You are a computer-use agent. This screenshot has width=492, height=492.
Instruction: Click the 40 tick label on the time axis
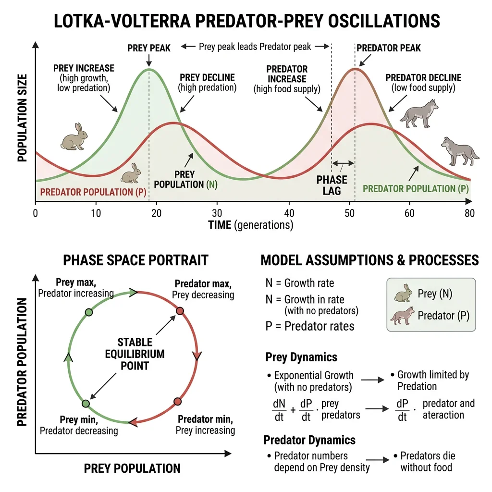point(289,213)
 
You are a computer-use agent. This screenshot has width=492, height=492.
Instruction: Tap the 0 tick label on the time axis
point(35,213)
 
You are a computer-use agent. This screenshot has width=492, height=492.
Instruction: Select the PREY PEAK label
point(149,48)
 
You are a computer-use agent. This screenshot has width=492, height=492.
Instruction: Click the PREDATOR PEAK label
point(389,48)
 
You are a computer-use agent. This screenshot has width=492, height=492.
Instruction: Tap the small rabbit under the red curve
point(131,173)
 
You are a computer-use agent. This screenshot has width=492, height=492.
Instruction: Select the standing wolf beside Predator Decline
point(419,114)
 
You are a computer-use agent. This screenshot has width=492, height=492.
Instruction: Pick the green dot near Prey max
point(88,312)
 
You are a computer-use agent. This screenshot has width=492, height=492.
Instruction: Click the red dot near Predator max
point(180,311)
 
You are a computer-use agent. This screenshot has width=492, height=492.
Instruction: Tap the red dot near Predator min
point(177,402)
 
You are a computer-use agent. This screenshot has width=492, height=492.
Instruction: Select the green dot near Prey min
point(86,404)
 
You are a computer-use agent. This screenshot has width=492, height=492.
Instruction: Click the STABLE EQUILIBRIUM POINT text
point(135,354)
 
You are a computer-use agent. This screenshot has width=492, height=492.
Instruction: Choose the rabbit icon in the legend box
point(403,294)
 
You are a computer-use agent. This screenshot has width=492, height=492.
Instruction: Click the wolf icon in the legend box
point(402,316)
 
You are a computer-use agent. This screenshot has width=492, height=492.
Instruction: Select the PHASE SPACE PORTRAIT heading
point(135,260)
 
